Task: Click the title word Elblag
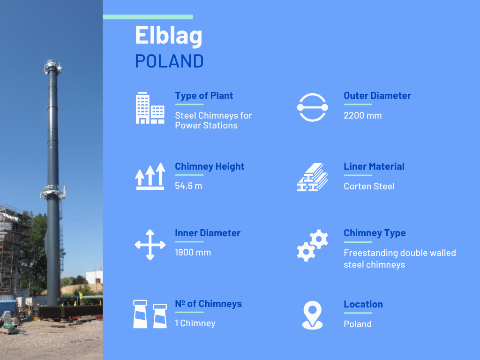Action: (x=169, y=36)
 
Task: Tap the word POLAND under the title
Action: (x=169, y=61)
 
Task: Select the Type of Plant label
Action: (x=204, y=96)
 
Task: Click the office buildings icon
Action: (x=150, y=108)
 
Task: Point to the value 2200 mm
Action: (x=362, y=115)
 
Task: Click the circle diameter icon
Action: (x=313, y=107)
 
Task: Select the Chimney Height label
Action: (x=210, y=166)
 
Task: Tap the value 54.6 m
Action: (x=188, y=186)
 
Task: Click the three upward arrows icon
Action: (x=150, y=176)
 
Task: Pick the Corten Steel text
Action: (x=369, y=186)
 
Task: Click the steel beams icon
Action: (x=313, y=177)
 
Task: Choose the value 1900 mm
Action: (x=193, y=253)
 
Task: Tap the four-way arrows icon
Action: (x=150, y=245)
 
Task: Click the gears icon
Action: (x=313, y=245)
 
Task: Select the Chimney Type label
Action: (x=375, y=233)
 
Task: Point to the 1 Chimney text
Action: (x=195, y=323)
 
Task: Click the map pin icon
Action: (x=313, y=315)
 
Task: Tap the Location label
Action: (x=363, y=304)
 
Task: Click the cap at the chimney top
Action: (x=52, y=67)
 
